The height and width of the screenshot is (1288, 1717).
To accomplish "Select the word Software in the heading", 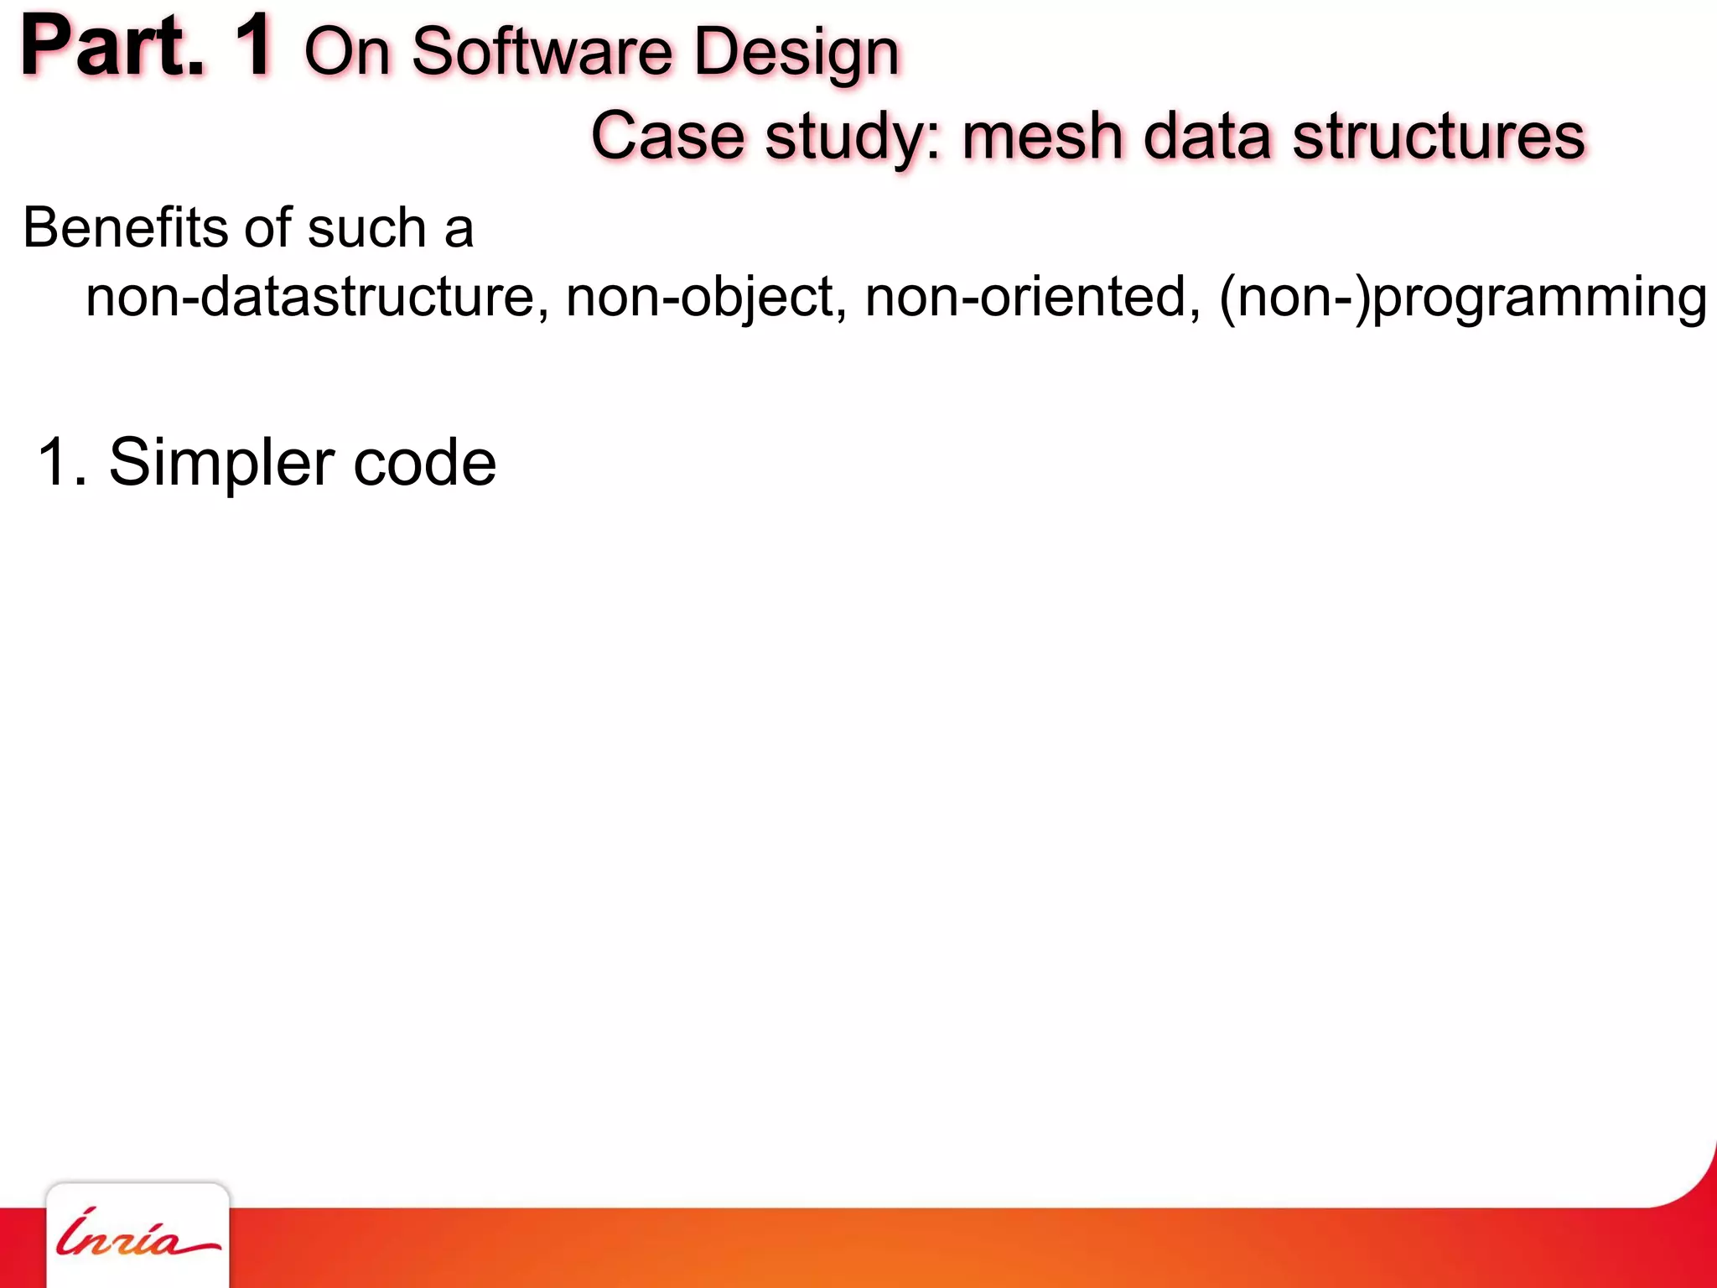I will [x=542, y=52].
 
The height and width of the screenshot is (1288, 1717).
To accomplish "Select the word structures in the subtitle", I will [x=1439, y=136].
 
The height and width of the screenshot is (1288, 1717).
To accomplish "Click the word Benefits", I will [x=125, y=227].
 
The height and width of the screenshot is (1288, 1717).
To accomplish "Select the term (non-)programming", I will [x=1463, y=299].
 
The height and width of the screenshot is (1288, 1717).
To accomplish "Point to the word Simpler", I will [x=221, y=464].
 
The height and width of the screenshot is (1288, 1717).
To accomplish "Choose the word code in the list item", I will [x=424, y=462].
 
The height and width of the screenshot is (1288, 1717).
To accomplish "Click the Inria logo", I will [x=137, y=1238].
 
